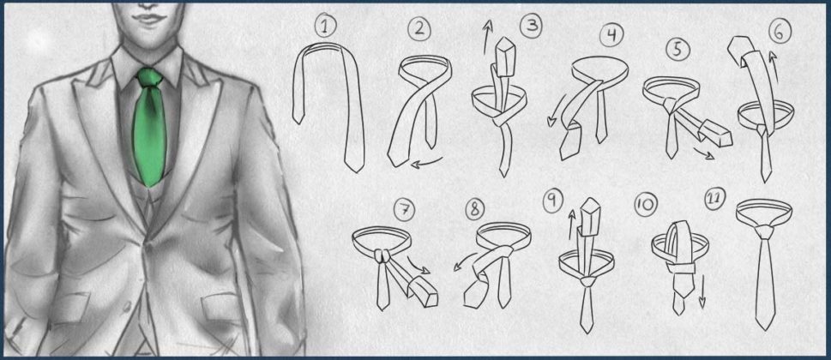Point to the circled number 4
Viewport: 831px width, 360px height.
pyautogui.click(x=611, y=36)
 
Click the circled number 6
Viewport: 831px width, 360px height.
pyautogui.click(x=779, y=33)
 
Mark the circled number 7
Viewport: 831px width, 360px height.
pyautogui.click(x=405, y=210)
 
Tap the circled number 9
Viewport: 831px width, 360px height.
pyautogui.click(x=553, y=201)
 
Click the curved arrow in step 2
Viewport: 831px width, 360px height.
pyautogui.click(x=430, y=163)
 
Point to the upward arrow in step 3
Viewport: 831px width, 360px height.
pyautogui.click(x=487, y=37)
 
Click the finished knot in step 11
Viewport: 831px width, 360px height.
pyautogui.click(x=764, y=231)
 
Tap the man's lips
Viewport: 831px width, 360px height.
pyautogui.click(x=150, y=20)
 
